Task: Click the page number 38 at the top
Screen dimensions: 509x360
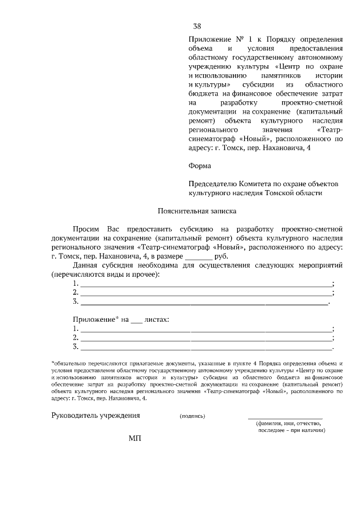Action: pos(197,26)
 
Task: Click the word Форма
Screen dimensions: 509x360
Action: pos(200,166)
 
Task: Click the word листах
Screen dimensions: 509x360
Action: pos(156,319)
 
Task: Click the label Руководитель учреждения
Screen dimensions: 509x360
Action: pos(96,416)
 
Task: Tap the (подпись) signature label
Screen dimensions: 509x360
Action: pos(192,416)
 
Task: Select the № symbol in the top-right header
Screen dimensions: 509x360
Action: pos(238,39)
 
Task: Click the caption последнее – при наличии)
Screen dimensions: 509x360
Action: pos(292,430)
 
